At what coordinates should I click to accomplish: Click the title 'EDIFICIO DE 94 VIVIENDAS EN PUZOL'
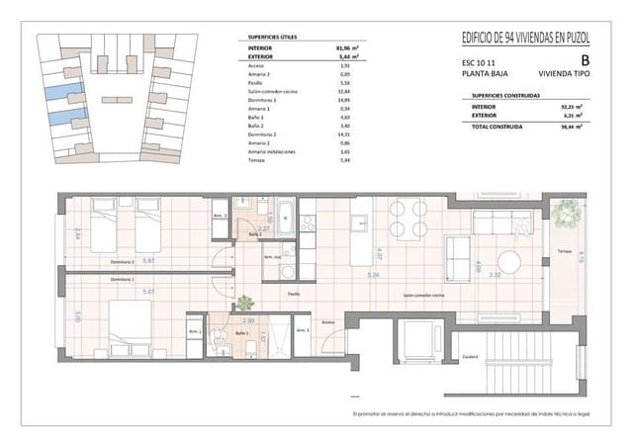[x=527, y=39]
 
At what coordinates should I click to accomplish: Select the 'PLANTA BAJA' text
[x=484, y=72]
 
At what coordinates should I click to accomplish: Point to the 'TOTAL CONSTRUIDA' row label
[x=496, y=127]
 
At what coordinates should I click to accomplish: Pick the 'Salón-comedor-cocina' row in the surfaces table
[x=271, y=90]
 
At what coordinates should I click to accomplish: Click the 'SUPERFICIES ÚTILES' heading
[x=271, y=37]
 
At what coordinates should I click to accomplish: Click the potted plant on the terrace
[x=567, y=213]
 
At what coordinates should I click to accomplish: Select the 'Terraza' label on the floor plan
[x=564, y=252]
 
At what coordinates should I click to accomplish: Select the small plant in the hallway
[x=243, y=305]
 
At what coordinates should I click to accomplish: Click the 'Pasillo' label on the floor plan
[x=294, y=294]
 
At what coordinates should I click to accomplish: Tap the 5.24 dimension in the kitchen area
[x=373, y=274]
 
